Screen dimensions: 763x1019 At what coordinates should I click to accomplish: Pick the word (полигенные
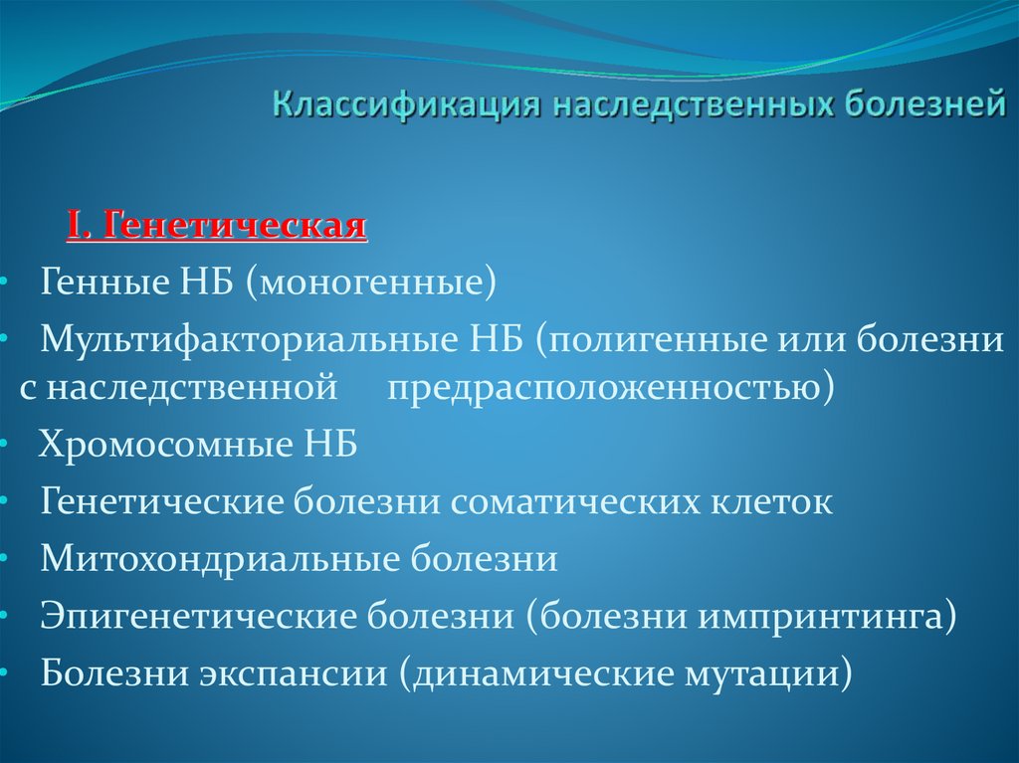(637, 340)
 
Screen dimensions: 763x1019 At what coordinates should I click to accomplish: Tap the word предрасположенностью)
(610, 387)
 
